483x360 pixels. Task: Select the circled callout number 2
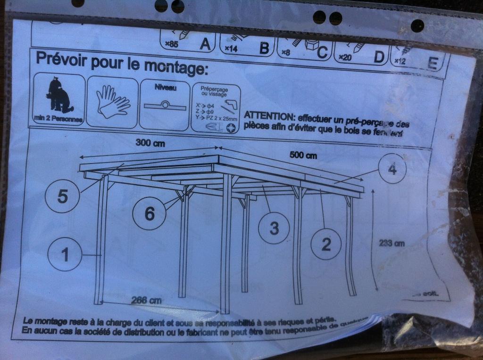[326, 244]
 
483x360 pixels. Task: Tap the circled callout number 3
[274, 229]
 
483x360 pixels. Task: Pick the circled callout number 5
[62, 196]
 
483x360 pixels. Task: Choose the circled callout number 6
[149, 213]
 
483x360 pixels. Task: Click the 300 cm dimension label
[150, 143]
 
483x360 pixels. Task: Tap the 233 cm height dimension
[392, 243]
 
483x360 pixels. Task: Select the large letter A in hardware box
[205, 44]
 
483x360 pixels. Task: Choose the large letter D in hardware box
[379, 57]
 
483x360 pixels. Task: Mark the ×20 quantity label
[346, 57]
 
